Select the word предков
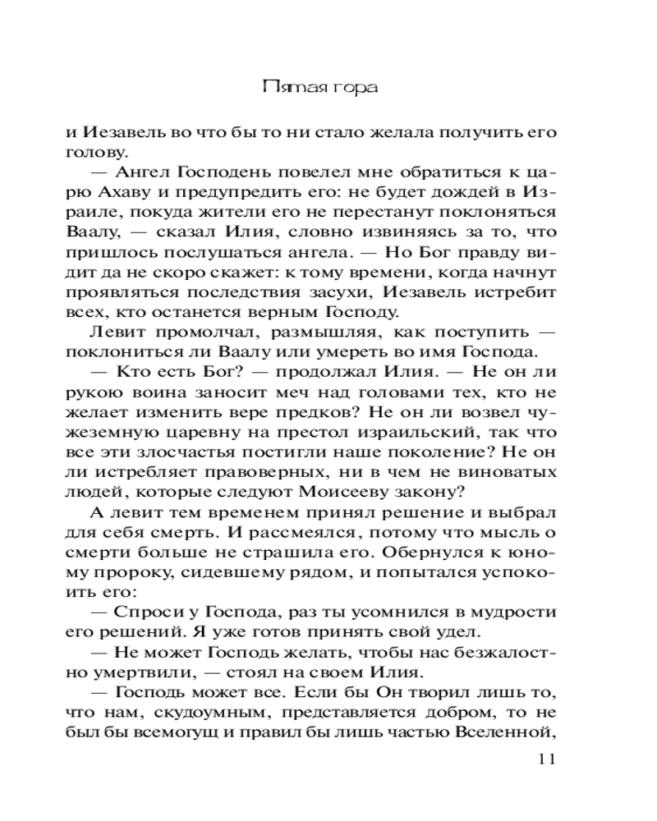coord(321,412)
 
